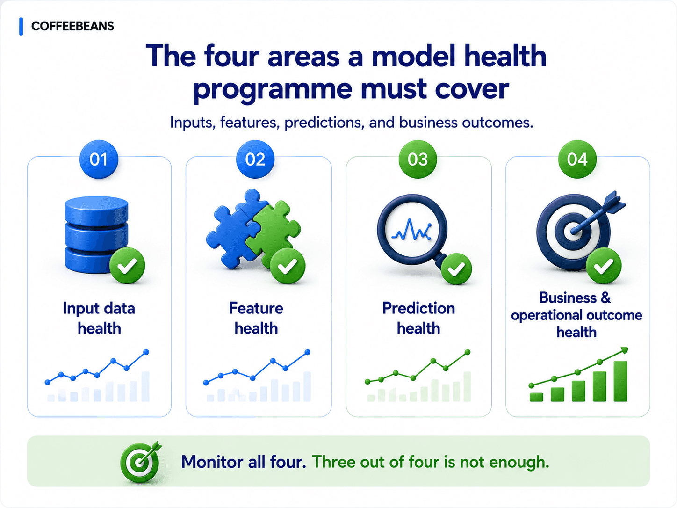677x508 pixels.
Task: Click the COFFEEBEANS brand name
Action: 72,26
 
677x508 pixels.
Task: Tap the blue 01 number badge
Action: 99,160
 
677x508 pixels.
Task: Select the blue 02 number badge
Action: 255,160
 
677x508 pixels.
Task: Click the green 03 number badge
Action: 418,160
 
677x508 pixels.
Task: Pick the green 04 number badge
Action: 577,160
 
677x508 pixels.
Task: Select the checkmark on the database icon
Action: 127,266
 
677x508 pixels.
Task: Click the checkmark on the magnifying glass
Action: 456,269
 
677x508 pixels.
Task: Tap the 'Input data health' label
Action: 99,318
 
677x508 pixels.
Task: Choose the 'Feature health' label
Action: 256,318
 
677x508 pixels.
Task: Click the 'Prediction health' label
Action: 418,318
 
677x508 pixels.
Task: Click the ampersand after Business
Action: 605,298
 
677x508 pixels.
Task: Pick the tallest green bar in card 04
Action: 620,381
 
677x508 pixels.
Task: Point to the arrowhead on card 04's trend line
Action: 624,350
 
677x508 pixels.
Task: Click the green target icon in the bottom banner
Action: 141,462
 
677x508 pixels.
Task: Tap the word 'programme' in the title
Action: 273,90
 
